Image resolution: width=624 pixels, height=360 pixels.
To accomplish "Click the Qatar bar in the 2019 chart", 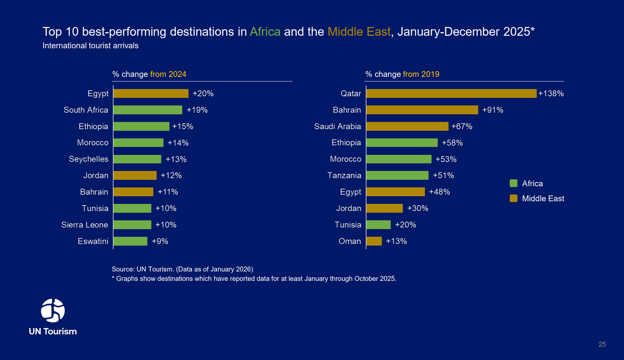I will (x=451, y=94).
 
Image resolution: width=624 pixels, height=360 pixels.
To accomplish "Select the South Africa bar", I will (x=148, y=110).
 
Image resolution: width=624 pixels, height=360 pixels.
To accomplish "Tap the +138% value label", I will (x=551, y=94).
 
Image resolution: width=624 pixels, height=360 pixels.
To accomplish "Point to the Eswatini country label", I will (x=93, y=241).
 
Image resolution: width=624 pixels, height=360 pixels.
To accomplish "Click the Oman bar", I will (x=374, y=241).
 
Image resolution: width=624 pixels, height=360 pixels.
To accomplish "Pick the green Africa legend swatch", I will (x=514, y=183).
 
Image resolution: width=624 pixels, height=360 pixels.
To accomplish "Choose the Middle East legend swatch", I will (x=514, y=199).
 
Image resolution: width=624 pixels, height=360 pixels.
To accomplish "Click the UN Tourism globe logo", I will (x=53, y=310).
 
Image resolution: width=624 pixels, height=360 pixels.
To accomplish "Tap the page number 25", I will (x=602, y=344).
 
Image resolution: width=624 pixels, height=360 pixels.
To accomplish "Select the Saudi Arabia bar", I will (x=407, y=126).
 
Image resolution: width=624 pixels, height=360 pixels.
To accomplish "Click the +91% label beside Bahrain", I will (x=493, y=110).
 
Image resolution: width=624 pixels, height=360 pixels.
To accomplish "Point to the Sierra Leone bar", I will (x=132, y=225).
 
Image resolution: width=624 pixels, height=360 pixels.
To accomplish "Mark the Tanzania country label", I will (x=344, y=176).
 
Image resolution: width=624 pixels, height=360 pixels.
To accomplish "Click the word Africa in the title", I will (x=265, y=32).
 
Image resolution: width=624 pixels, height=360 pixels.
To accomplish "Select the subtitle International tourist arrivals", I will (x=90, y=46).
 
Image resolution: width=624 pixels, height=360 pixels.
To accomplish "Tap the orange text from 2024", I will (x=168, y=74).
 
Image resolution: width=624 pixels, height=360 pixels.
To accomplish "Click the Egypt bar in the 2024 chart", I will (x=151, y=94).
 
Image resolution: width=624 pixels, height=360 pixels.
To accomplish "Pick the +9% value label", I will (x=160, y=241).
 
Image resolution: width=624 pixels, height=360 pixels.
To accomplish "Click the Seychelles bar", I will (x=137, y=159).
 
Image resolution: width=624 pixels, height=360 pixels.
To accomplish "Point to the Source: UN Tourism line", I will (x=182, y=269).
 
